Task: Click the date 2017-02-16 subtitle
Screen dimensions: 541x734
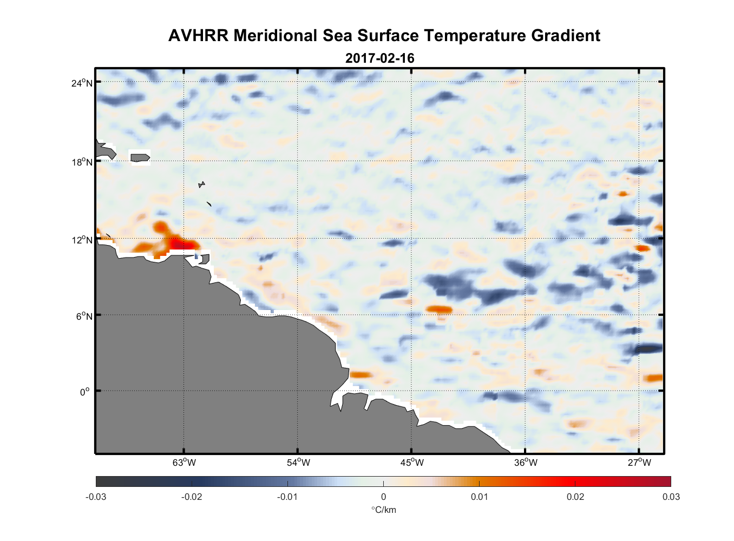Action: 379,58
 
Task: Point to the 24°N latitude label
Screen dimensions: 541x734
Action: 82,83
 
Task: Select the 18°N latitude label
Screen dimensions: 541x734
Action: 82,162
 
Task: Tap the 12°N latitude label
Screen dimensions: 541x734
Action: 82,240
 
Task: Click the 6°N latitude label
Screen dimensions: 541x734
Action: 84,316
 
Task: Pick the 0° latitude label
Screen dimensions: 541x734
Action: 86,392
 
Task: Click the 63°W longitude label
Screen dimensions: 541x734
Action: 184,463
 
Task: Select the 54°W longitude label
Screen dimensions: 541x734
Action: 298,463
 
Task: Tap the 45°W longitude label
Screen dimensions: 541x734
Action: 412,463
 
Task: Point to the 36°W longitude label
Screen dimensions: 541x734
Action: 526,463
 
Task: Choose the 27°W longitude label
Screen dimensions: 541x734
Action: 639,463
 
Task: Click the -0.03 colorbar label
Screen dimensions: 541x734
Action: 96,497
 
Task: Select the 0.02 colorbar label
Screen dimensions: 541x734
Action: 575,497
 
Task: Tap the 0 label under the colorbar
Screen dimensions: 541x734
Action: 383,497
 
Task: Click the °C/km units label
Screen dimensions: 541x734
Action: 383,510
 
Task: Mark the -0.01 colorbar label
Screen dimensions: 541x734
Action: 287,497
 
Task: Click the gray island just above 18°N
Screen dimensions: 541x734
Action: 140,157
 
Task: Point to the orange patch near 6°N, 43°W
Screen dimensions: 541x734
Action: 439,309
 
